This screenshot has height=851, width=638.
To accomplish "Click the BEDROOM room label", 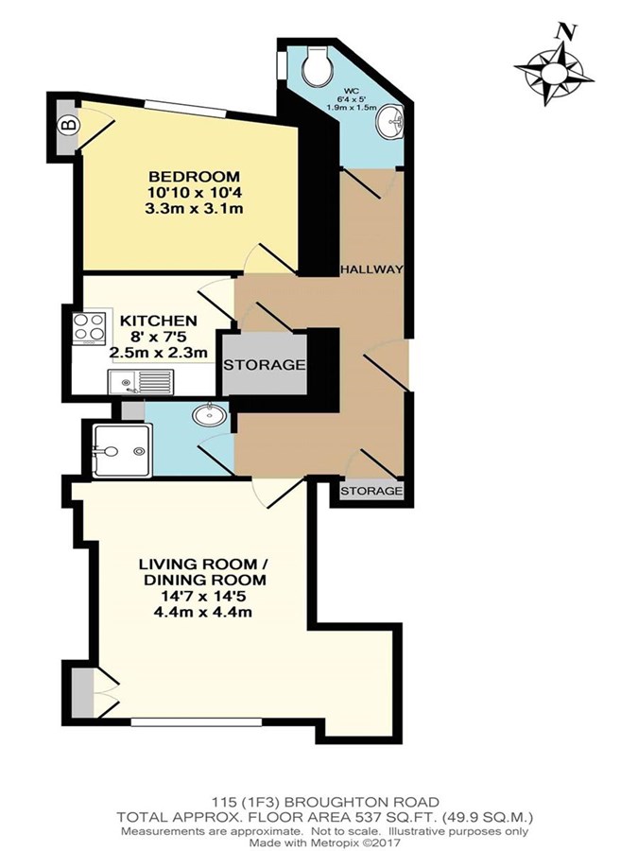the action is pyautogui.click(x=194, y=177).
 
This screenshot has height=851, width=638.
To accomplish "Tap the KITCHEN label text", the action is pyautogui.click(x=159, y=321).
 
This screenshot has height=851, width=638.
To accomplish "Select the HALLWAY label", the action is pyautogui.click(x=372, y=269).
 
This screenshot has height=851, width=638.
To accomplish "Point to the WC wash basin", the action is pyautogui.click(x=389, y=120).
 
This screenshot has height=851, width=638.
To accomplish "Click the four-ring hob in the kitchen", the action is pyautogui.click(x=89, y=329).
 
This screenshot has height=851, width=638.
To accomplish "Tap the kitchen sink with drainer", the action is pyautogui.click(x=141, y=382).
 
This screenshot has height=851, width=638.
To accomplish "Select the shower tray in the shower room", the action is pyautogui.click(x=123, y=451).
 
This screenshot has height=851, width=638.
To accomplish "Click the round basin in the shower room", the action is pyautogui.click(x=209, y=416).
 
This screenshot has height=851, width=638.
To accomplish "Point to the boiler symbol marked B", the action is pyautogui.click(x=69, y=127).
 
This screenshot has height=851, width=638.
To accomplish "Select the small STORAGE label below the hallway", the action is pyautogui.click(x=371, y=491).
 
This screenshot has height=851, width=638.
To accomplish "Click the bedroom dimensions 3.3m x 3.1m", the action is pyautogui.click(x=194, y=208).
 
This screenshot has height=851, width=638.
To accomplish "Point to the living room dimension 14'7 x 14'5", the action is pyautogui.click(x=205, y=596).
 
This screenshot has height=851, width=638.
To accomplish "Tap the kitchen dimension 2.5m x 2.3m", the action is pyautogui.click(x=159, y=353).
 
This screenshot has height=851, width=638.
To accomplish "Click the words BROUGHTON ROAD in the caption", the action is pyautogui.click(x=362, y=801).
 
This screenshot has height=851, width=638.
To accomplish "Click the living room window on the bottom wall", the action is pyautogui.click(x=197, y=722).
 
